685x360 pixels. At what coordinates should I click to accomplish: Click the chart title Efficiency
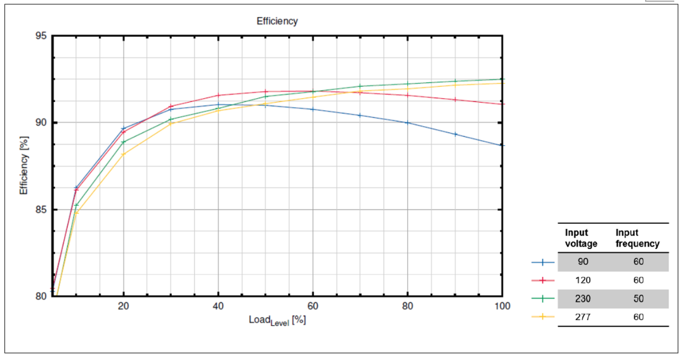pos(277,21)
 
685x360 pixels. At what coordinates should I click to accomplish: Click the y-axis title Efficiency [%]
pos(24,165)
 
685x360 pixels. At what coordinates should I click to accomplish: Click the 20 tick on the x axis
pos(123,305)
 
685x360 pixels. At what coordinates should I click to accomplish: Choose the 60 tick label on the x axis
pos(313,305)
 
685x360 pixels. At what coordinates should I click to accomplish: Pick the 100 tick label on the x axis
pos(501,305)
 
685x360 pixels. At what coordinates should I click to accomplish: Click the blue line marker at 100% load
pos(502,145)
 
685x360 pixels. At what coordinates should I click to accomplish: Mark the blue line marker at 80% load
pos(407,122)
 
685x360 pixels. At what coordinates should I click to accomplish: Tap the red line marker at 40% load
pos(218,95)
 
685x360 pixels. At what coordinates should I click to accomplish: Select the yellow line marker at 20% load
pos(124,154)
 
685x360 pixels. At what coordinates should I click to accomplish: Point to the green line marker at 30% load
pos(171,119)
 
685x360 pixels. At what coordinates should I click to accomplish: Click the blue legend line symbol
pos(543,262)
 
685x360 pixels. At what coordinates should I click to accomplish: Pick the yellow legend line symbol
pos(543,316)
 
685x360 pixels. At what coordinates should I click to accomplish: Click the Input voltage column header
pos(581,238)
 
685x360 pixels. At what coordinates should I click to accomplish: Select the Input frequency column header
pos(637,238)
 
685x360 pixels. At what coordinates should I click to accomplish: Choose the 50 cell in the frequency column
pos(637,299)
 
